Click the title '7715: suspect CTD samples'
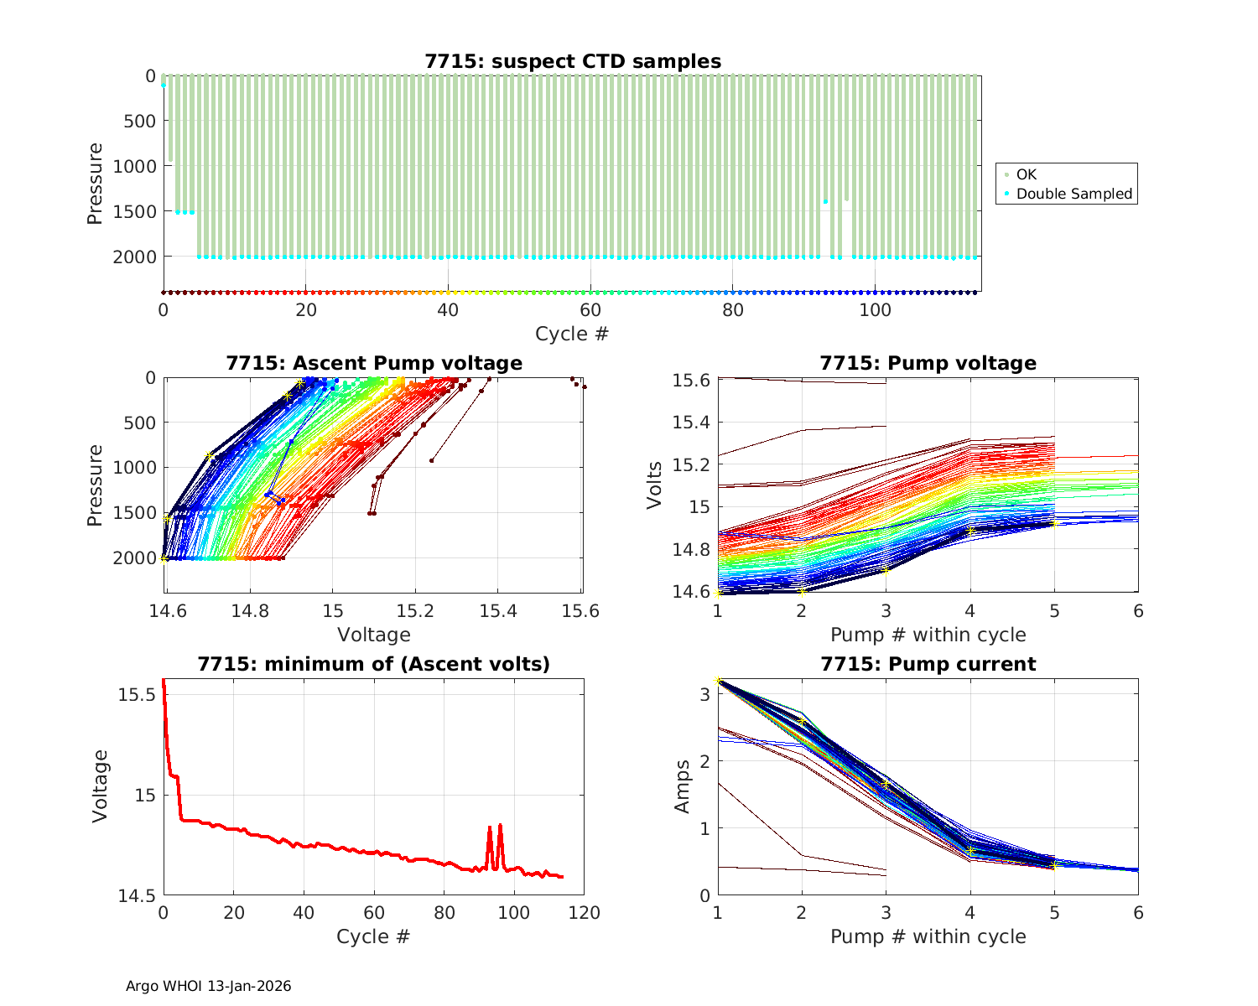point(572,61)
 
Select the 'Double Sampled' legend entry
point(1073,194)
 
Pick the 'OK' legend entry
point(1026,174)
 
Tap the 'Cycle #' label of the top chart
point(572,334)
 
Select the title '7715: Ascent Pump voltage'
point(374,363)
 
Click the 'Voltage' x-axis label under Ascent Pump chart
point(373,635)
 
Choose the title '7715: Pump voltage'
point(928,363)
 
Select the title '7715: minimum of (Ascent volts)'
point(374,664)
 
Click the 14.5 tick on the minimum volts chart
point(135,896)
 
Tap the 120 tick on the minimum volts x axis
point(584,913)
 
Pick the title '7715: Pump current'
point(928,664)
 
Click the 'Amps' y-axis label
point(683,786)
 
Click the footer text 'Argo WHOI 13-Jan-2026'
point(208,986)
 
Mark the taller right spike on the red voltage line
point(500,825)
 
